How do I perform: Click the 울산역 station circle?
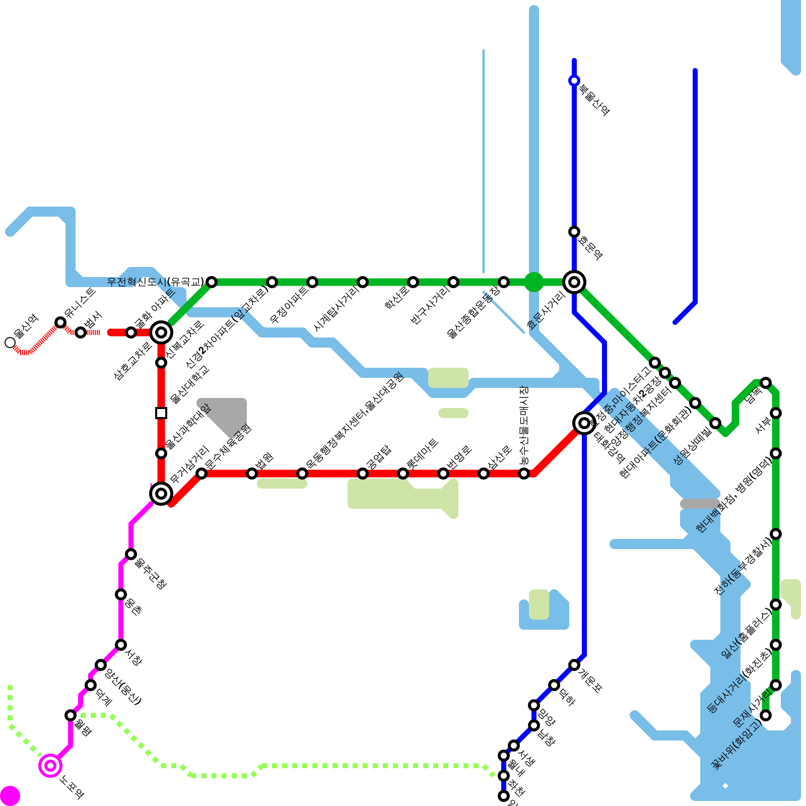click(x=10, y=343)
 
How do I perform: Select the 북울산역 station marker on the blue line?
click(x=574, y=81)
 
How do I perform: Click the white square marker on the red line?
click(x=161, y=413)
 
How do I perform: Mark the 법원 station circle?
click(x=252, y=474)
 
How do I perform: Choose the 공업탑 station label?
click(x=378, y=457)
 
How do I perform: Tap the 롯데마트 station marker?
click(x=403, y=474)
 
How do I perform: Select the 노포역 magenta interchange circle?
click(x=50, y=766)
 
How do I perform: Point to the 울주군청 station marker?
click(x=131, y=554)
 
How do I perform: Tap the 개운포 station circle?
click(x=574, y=665)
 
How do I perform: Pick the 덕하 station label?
click(x=567, y=696)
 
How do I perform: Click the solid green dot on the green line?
click(x=534, y=282)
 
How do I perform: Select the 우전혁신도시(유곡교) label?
click(x=156, y=282)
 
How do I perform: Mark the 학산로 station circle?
click(x=413, y=282)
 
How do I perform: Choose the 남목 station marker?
click(x=766, y=383)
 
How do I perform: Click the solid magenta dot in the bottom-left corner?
click(x=10, y=796)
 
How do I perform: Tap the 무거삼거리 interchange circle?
click(x=161, y=494)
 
